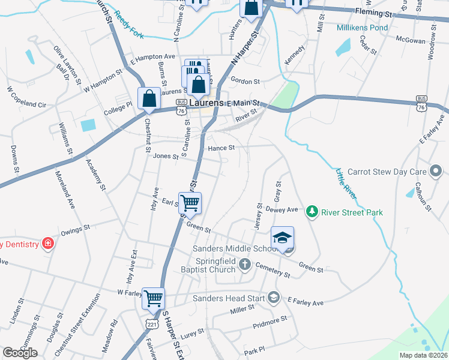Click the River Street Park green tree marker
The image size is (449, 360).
(312, 211)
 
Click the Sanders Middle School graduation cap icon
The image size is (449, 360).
(282, 238)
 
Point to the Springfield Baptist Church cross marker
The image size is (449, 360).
(244, 264)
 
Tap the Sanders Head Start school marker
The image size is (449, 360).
(274, 297)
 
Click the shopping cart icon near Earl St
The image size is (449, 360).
(190, 203)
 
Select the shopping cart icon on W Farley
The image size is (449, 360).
(154, 298)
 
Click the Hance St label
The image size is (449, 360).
(220, 147)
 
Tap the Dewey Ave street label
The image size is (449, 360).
(282, 210)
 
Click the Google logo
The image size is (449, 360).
(20, 353)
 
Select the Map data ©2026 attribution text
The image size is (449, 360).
(423, 355)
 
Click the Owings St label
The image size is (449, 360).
(75, 227)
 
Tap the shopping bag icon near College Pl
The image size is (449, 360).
(148, 97)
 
